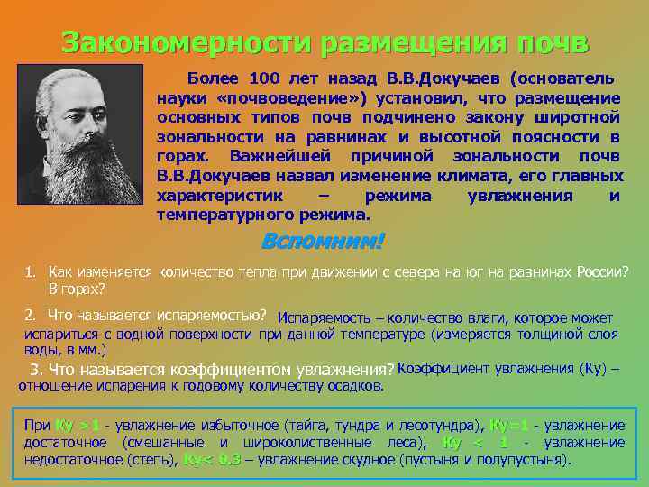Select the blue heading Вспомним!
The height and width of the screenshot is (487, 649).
point(323,242)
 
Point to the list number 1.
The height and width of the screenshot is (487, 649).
point(30,271)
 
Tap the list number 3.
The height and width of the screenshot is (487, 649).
point(36,370)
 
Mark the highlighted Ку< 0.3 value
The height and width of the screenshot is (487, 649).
point(211,459)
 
